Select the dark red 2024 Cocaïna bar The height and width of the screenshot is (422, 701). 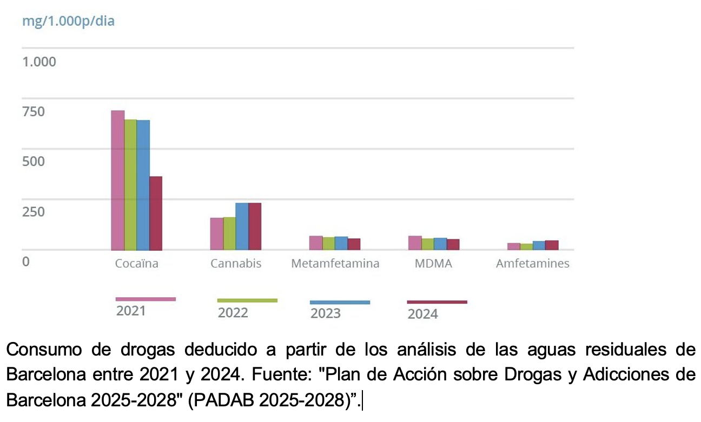[x=156, y=213]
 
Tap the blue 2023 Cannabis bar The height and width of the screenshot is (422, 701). [x=242, y=226]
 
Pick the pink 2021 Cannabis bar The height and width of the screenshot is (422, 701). [x=216, y=233]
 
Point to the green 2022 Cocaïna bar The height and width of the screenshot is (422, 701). [x=130, y=184]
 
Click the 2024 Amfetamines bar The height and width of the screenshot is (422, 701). [x=552, y=245]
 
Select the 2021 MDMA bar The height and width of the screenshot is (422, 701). [x=415, y=243]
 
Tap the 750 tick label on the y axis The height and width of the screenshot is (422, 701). [x=33, y=112]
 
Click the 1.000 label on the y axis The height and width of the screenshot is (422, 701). [x=38, y=62]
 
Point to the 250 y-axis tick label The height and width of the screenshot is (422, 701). [x=33, y=211]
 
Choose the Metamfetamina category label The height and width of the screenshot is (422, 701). [x=335, y=264]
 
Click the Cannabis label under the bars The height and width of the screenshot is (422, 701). [x=236, y=264]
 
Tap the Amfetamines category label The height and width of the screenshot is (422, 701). [x=532, y=264]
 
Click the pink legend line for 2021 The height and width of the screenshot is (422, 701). [x=146, y=299]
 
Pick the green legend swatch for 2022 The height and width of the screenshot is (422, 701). [x=247, y=300]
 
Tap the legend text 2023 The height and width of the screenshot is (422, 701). [x=325, y=313]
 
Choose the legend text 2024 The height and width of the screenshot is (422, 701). [x=422, y=314]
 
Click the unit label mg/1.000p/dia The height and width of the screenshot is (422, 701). [x=68, y=22]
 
